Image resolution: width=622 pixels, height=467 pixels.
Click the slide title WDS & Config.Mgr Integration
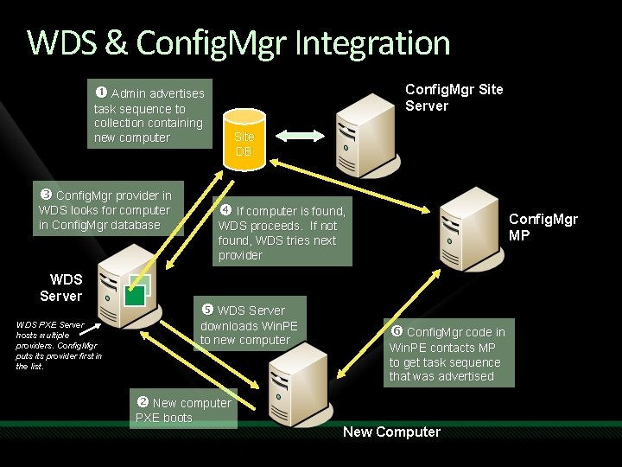point(238,42)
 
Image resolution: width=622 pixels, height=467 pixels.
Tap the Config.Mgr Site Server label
point(454,98)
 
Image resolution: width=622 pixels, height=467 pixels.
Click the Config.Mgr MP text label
point(543,227)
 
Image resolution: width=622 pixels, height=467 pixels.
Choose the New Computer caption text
point(391,432)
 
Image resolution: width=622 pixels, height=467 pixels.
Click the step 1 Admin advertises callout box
point(149,115)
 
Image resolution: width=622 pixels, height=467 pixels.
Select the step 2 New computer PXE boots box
point(183,409)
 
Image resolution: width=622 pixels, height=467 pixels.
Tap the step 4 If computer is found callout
point(282,233)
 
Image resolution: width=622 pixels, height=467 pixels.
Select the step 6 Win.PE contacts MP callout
point(448,354)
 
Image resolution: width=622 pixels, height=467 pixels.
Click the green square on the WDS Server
point(134,294)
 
